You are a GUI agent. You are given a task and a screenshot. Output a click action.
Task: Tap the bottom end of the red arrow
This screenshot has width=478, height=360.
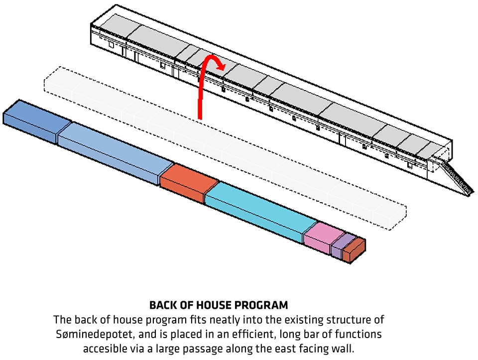pyautogui.click(x=200, y=117)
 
